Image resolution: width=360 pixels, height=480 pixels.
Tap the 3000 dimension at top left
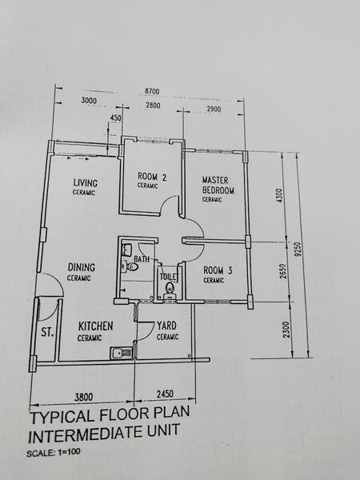(x=94, y=102)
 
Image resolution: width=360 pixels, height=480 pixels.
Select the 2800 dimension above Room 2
(x=157, y=105)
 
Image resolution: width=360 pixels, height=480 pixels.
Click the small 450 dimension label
(x=115, y=118)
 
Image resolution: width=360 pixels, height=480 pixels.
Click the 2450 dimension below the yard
(x=164, y=394)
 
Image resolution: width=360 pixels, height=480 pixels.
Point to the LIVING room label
(x=85, y=183)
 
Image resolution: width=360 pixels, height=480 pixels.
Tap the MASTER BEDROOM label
(x=217, y=185)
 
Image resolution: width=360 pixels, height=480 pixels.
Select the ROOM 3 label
(x=217, y=271)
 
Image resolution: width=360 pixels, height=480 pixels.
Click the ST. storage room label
(x=46, y=332)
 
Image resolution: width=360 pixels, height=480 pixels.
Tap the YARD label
(x=167, y=326)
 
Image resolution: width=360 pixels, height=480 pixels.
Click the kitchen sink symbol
(x=119, y=351)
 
